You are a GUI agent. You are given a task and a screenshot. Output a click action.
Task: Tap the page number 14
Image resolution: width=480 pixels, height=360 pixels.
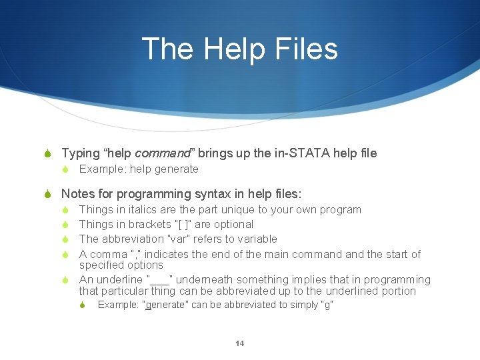pos(240,343)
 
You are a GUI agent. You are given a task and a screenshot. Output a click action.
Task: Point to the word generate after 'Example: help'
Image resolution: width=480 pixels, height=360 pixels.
pos(176,169)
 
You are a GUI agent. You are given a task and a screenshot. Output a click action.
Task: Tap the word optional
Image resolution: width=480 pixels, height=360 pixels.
pos(231,225)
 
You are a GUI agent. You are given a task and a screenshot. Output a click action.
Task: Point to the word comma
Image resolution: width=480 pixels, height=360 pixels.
pos(108,254)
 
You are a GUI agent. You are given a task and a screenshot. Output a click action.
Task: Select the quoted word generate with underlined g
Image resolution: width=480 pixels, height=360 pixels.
pos(165,305)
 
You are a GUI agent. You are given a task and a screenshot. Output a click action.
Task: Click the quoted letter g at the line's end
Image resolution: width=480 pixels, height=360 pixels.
pos(326,305)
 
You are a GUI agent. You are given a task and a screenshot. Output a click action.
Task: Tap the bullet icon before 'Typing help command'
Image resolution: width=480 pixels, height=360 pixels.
pos(47,154)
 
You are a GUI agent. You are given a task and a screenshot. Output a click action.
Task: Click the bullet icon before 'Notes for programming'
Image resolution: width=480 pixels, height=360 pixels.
pos(47,195)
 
